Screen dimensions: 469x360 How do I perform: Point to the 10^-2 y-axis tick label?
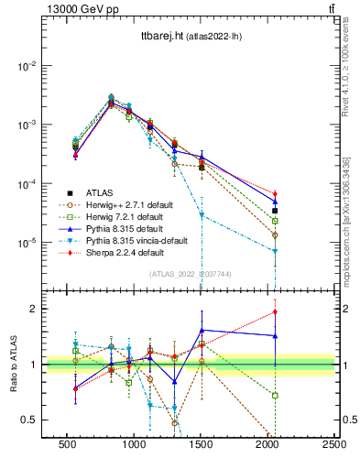click(x=27, y=66)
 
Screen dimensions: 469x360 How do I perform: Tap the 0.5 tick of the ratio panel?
click(x=29, y=420)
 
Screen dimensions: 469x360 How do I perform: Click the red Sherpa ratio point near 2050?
click(x=275, y=312)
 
